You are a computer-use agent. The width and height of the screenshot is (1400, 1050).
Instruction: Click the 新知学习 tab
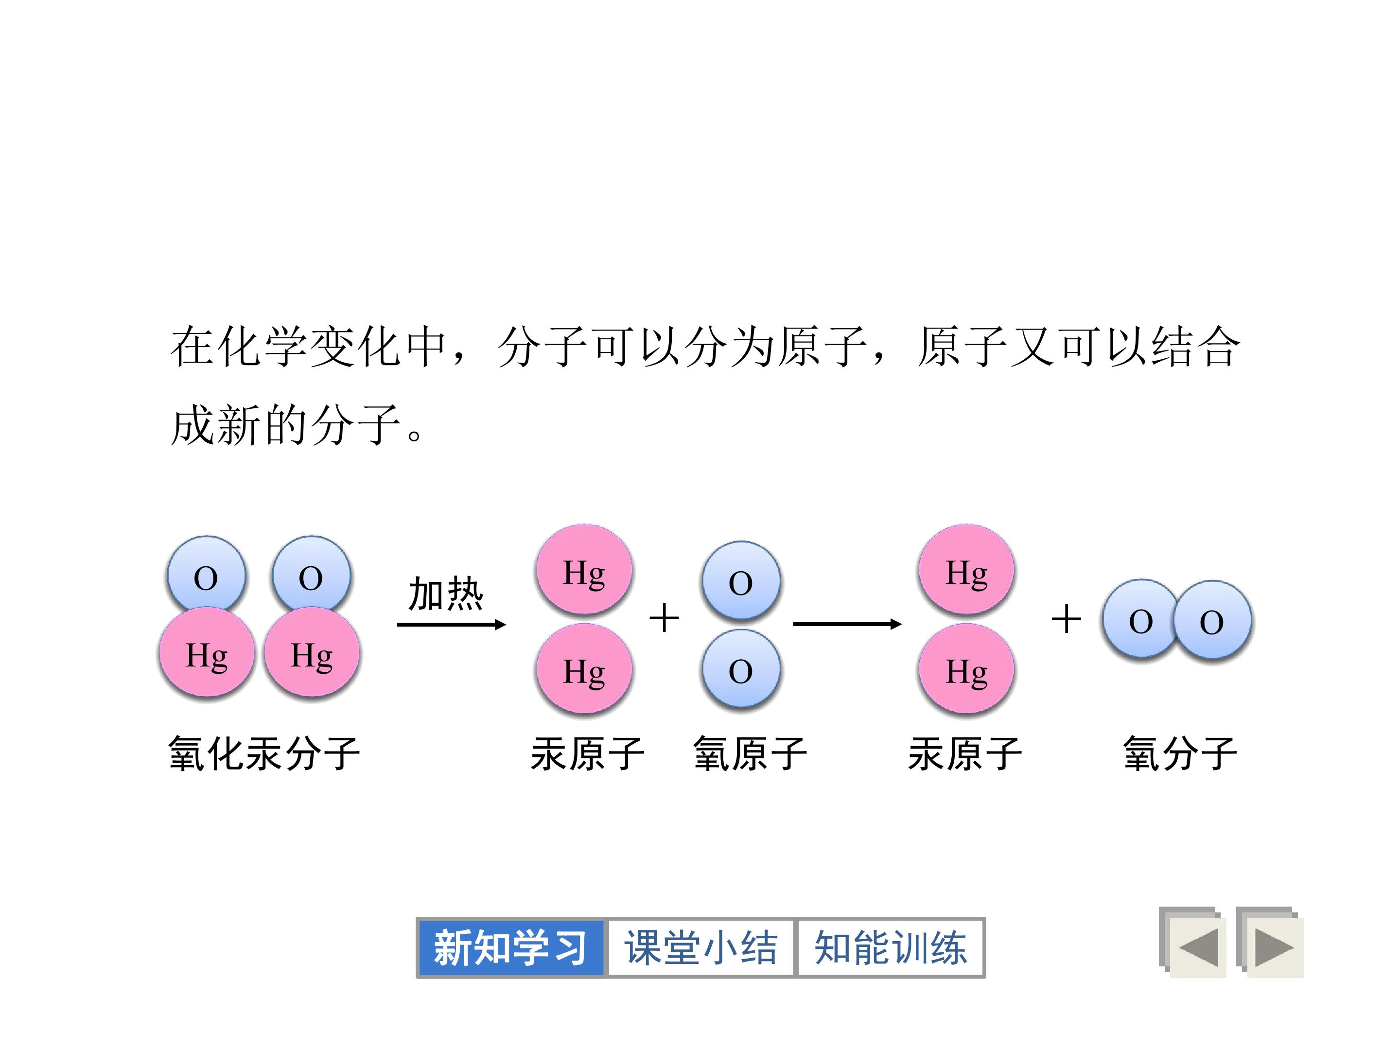point(510,947)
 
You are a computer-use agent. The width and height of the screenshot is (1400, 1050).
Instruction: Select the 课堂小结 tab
point(700,947)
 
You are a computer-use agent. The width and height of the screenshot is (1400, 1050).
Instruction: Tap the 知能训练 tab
point(891,947)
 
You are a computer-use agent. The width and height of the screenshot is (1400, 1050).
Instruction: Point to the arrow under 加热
point(451,625)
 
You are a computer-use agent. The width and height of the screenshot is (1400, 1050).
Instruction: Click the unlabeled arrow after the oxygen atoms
point(847,624)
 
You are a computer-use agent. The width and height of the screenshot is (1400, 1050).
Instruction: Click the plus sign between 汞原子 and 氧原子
point(664,618)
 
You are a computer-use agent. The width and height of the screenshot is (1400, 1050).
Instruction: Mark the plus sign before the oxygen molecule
point(1066,618)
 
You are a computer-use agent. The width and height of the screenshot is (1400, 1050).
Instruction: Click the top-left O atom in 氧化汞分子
point(206,576)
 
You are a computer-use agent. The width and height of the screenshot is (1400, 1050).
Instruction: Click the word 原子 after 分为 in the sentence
point(822,347)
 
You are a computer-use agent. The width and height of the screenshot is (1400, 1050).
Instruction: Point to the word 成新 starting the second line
point(216,425)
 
